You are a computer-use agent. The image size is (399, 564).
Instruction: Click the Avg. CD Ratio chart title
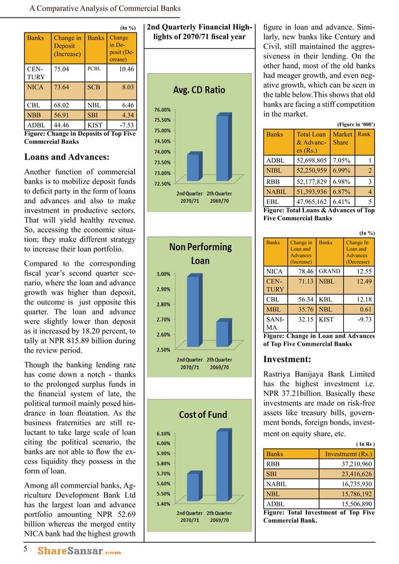click(198, 89)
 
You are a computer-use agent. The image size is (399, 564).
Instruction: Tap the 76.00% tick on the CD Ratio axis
click(163, 109)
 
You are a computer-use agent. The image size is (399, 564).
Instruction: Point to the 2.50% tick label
click(164, 349)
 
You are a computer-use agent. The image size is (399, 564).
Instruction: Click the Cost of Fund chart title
click(198, 414)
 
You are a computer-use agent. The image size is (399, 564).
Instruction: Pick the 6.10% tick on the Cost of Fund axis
click(163, 433)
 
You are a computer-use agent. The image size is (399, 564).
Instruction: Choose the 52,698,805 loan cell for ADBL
click(311, 161)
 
